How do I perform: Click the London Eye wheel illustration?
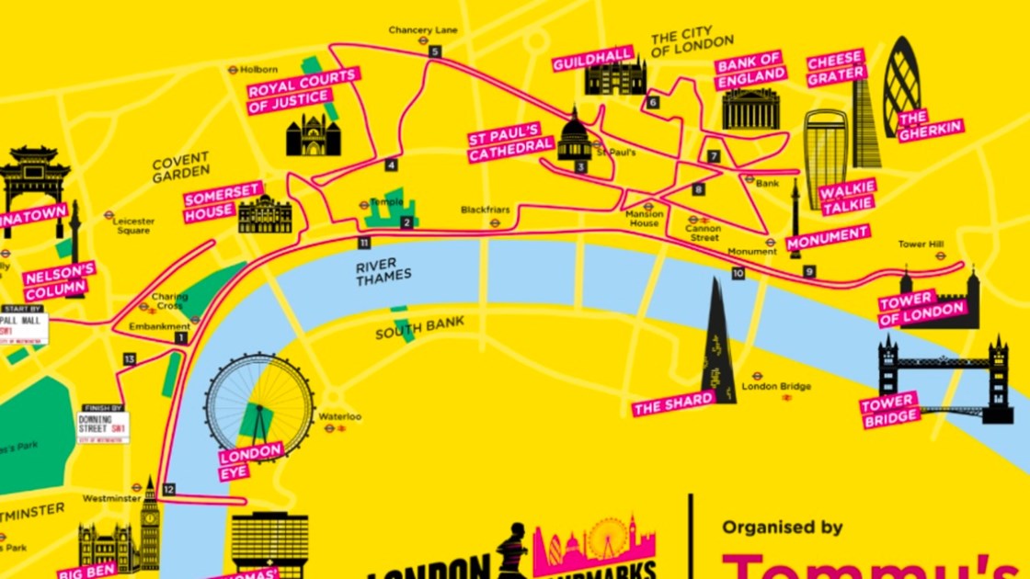[x=258, y=405]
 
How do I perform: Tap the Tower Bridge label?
[x=889, y=410]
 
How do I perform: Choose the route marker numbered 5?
[x=435, y=51]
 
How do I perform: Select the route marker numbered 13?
[x=130, y=358]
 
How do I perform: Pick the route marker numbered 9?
[x=809, y=271]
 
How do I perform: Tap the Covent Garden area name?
[x=180, y=166]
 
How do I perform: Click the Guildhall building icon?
[x=615, y=78]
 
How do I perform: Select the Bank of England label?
[x=751, y=68]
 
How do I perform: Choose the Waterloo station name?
[x=340, y=416]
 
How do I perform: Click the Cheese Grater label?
[x=836, y=69]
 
